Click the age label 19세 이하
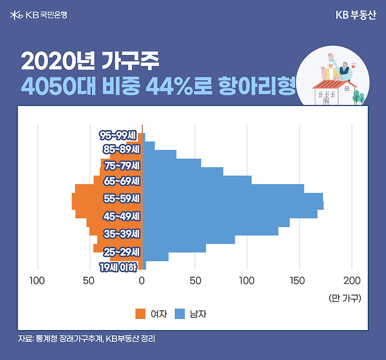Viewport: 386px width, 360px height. pyautogui.click(x=118, y=268)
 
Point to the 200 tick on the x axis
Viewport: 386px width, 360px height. pyautogui.click(x=351, y=280)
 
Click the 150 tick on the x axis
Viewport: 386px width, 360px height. pyautogui.click(x=299, y=280)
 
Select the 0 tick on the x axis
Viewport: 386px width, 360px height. pyautogui.click(x=142, y=280)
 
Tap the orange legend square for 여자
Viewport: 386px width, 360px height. pyautogui.click(x=140, y=314)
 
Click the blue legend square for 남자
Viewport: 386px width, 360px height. pyautogui.click(x=180, y=314)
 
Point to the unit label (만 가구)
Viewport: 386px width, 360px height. pyautogui.click(x=345, y=298)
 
